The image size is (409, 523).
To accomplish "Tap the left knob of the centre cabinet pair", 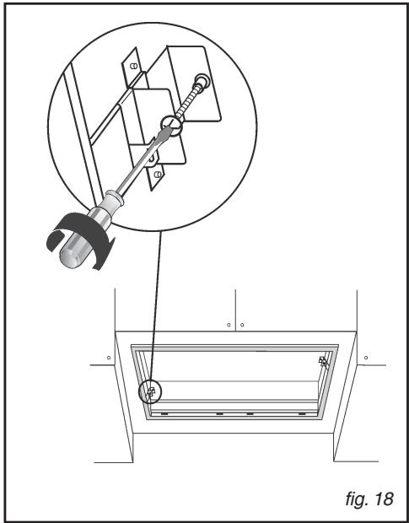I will [x=229, y=323].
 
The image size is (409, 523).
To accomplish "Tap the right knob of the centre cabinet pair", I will [x=243, y=323].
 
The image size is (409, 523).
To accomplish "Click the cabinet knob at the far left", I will [x=109, y=358].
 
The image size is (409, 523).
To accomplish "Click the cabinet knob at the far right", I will [x=365, y=358].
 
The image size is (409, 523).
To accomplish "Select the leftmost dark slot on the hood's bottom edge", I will [x=164, y=414].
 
